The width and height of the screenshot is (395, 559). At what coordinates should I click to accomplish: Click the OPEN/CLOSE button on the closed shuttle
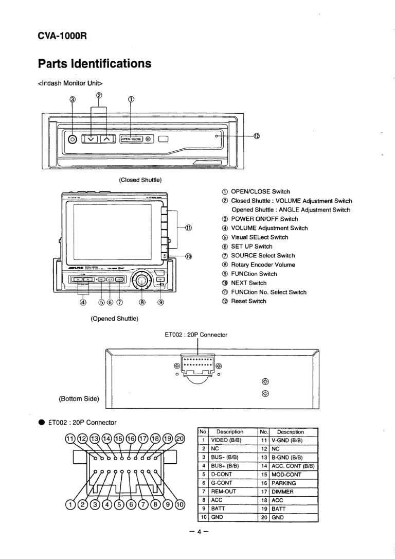[x=132, y=138]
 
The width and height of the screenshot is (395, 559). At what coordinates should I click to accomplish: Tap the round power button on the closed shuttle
[x=73, y=139]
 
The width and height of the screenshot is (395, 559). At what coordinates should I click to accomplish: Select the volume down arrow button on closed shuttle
[x=91, y=138]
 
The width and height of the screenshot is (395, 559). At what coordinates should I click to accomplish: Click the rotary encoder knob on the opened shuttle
[x=142, y=280]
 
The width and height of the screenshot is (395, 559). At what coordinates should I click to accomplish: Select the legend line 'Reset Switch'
[x=248, y=301]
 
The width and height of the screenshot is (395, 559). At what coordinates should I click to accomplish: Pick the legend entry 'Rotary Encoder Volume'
[x=263, y=265]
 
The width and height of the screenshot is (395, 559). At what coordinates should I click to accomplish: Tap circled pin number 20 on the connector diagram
[x=180, y=439]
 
